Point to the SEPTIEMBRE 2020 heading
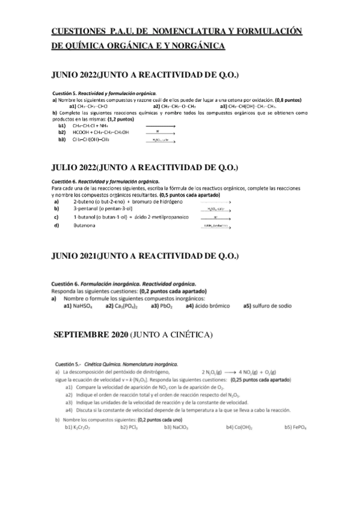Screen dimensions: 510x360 click(90, 334)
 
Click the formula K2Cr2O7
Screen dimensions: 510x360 click(79, 428)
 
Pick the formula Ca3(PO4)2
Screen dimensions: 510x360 click(121, 306)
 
